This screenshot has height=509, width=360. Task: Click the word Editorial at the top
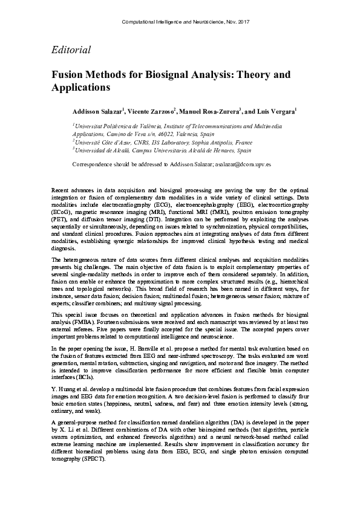click(71, 50)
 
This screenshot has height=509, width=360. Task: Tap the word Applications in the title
click(80, 87)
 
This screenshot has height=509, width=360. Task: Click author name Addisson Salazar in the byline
click(97, 112)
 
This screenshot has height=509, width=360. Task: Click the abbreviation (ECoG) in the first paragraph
click(63, 212)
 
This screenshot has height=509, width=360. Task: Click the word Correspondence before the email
click(96, 164)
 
